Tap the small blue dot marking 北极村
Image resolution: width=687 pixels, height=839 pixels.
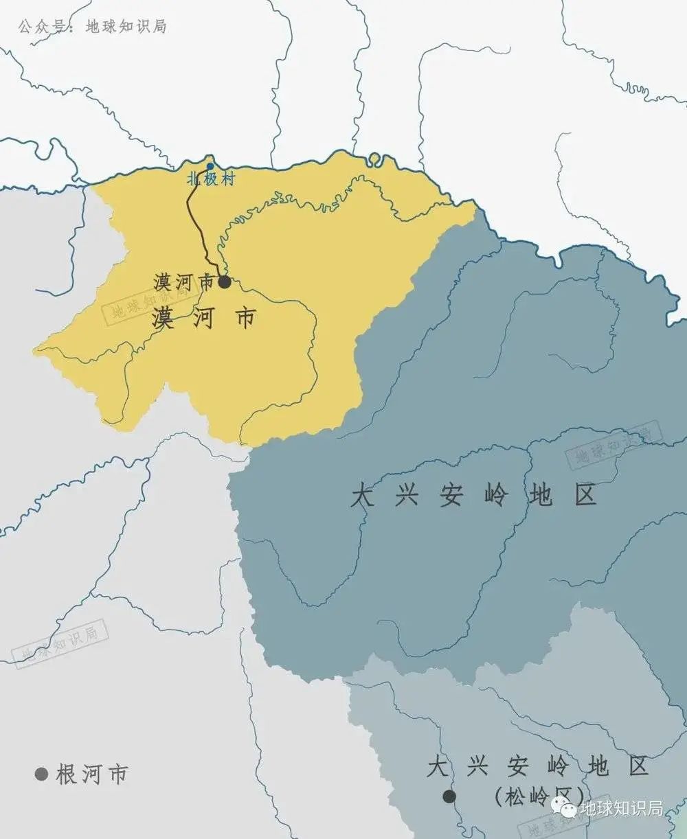[x=210, y=167]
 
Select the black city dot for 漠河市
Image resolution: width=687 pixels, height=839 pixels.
[x=224, y=281]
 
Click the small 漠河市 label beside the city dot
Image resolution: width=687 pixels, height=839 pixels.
[x=183, y=282]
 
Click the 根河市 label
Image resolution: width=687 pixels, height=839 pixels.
[x=92, y=774]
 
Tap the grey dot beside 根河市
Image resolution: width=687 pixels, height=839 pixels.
[x=42, y=774]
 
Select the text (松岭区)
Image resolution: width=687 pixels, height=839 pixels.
[x=539, y=796]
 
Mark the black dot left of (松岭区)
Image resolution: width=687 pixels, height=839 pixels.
[x=449, y=796]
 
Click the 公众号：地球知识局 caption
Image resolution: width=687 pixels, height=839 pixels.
[x=92, y=27]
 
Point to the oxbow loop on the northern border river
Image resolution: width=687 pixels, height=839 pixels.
[x=374, y=159]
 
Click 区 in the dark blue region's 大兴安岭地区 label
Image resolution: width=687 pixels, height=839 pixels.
[x=586, y=495]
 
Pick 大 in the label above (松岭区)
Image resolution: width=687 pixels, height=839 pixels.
[x=438, y=767]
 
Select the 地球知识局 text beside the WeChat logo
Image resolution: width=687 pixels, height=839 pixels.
[x=621, y=809]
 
